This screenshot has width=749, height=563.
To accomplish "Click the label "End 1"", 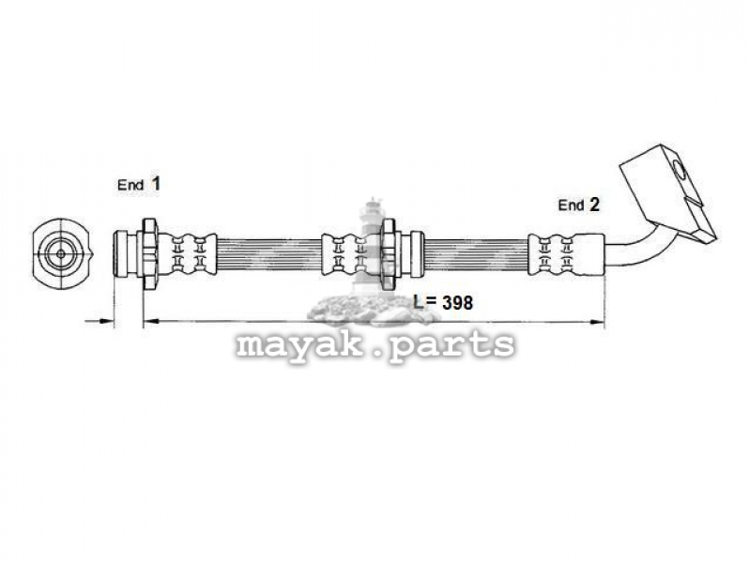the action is pyautogui.click(x=139, y=184).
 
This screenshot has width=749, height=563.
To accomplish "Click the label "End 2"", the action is pyautogui.click(x=578, y=205).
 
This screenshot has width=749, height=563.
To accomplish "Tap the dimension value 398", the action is pyautogui.click(x=457, y=302).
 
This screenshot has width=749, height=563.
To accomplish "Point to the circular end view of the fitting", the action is pyautogui.click(x=61, y=253).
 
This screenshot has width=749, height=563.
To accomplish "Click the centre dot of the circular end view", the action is pyautogui.click(x=61, y=253).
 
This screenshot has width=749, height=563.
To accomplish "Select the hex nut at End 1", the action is pyautogui.click(x=149, y=253).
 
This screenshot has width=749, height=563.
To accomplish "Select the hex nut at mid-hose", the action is pyautogui.click(x=389, y=253).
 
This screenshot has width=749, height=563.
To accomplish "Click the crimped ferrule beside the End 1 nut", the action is pyautogui.click(x=187, y=253).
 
